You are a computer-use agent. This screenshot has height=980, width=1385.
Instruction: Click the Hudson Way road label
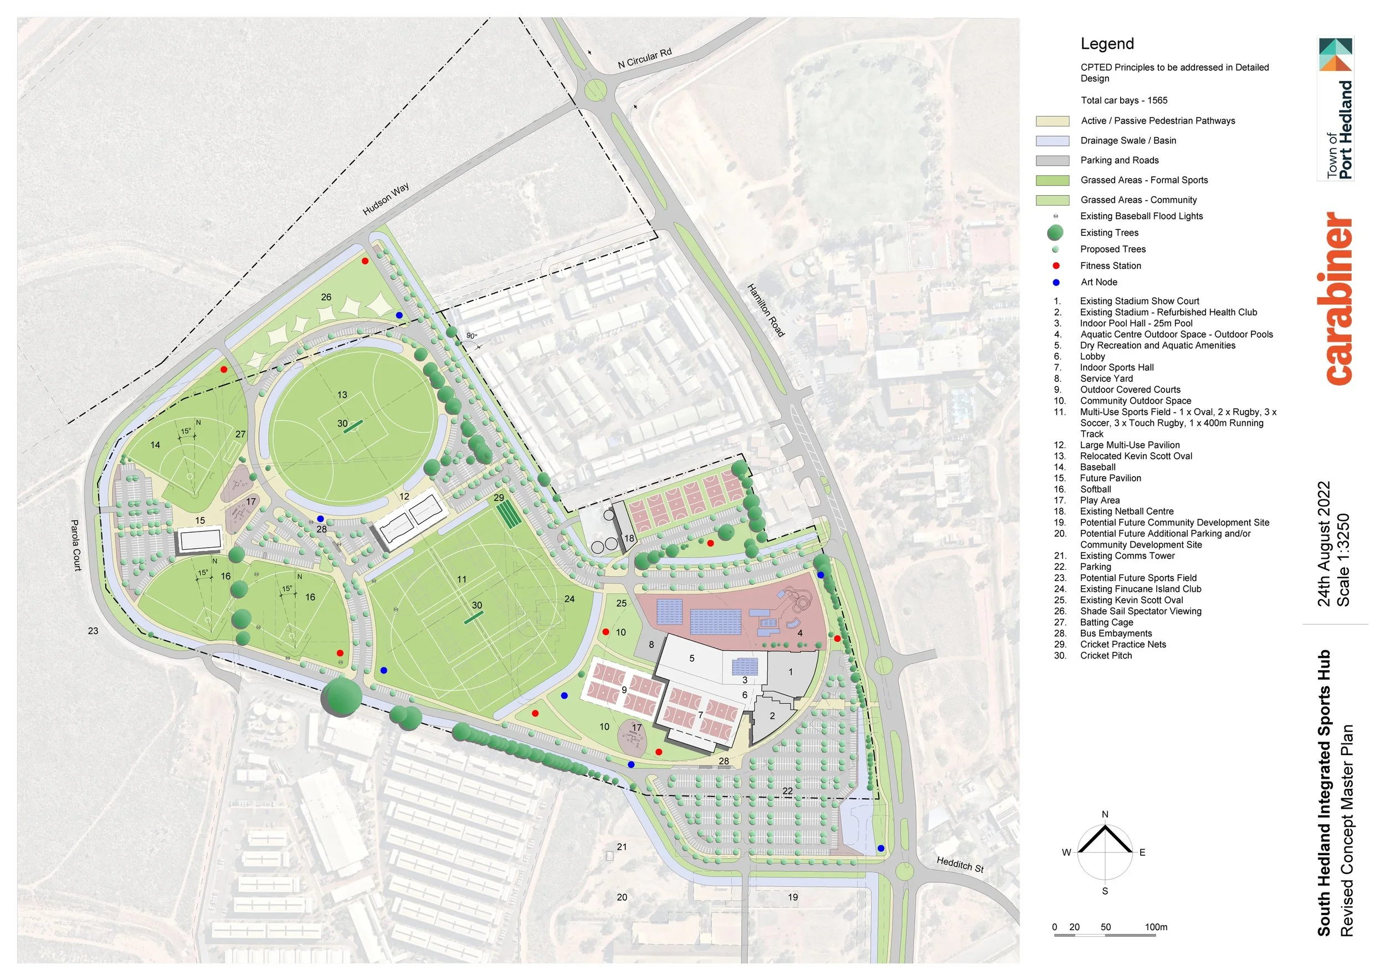[x=386, y=199]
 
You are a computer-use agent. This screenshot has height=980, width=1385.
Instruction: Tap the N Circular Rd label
[x=644, y=59]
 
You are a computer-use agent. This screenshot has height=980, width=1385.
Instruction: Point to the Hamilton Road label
[x=766, y=310]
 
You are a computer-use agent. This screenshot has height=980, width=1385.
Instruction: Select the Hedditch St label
[x=960, y=865]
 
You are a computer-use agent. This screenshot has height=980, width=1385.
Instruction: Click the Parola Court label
[x=76, y=545]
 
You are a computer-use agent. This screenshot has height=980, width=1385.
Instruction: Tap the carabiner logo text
[x=1338, y=298]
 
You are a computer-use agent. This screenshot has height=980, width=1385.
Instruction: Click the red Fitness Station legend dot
[x=1055, y=266]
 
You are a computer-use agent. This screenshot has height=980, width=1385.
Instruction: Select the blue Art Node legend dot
[x=1055, y=282]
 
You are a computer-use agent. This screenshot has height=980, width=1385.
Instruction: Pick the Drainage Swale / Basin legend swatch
[x=1052, y=141]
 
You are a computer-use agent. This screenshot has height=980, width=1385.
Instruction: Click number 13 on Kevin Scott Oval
[x=342, y=395]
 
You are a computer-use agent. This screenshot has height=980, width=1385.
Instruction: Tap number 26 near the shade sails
[x=326, y=297]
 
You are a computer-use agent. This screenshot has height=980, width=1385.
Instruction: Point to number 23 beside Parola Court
[x=93, y=631]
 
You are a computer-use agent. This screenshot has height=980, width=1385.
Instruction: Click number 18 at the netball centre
[x=629, y=539]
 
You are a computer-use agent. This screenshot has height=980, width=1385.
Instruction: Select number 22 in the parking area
[x=787, y=791]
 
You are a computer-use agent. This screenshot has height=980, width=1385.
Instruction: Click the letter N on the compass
[x=1105, y=815]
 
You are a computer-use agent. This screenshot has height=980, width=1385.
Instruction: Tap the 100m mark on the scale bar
[x=1156, y=927]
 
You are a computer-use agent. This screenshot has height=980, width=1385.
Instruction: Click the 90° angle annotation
[x=471, y=336]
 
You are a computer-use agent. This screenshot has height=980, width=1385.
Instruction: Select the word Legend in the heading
[x=1107, y=44]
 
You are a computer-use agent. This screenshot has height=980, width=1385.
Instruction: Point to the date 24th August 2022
[x=1324, y=544]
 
